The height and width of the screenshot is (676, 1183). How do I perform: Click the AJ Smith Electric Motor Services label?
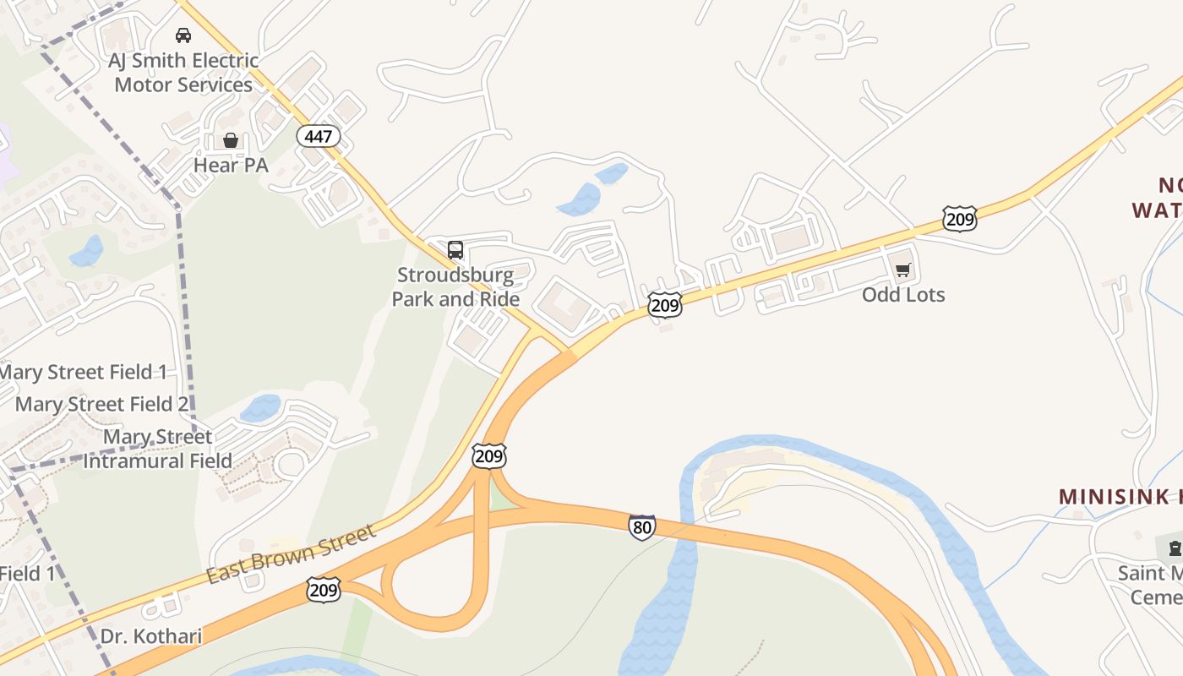pos(183,73)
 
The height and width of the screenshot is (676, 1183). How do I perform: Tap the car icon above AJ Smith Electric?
pos(183,35)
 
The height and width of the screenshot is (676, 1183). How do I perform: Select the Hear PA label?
pos(231,165)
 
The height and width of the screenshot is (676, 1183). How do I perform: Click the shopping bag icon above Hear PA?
pos(231,140)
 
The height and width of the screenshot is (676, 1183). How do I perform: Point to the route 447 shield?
pos(319,135)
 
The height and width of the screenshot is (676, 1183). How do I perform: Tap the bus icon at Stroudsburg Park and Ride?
pos(455,250)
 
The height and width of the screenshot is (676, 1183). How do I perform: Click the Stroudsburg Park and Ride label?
pos(455,287)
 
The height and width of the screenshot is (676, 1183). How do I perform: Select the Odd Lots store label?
pos(903,295)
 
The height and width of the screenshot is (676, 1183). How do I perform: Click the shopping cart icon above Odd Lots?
pos(903,270)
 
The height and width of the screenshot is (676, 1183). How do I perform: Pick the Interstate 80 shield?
pos(642,527)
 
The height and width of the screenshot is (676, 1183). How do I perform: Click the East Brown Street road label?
pos(291,554)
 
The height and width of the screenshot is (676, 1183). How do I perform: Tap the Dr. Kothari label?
pos(151,635)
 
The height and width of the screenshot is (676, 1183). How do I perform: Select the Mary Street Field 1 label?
pos(83,372)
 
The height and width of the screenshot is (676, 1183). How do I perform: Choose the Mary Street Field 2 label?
pos(101,404)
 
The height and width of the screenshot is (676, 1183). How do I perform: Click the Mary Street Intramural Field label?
pos(158,449)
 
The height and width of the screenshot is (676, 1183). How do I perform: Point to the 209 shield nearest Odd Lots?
pos(960,219)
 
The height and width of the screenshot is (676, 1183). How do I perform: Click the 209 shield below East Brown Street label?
pos(324,590)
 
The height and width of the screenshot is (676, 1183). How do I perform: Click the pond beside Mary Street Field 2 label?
pos(259,408)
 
